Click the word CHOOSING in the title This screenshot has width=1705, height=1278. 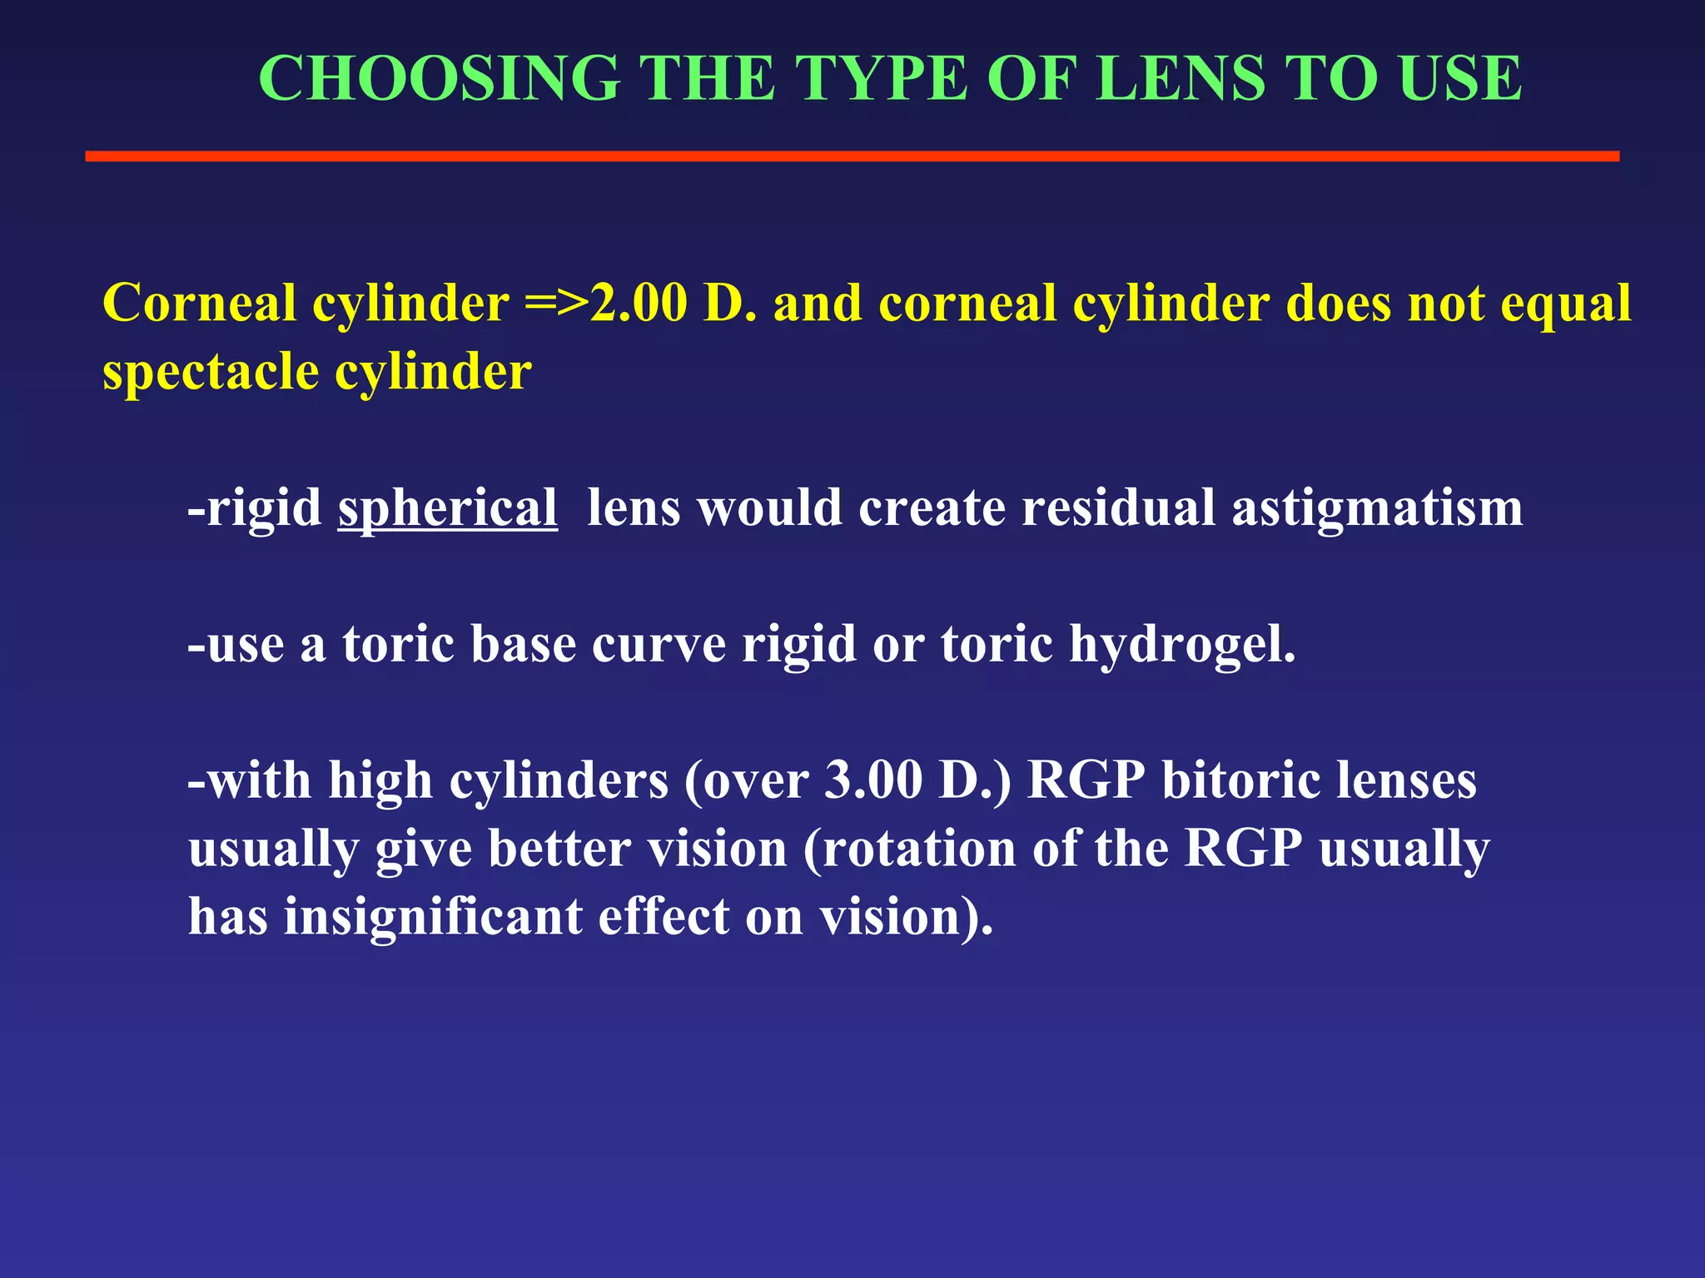(x=439, y=78)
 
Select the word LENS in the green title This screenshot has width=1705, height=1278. (x=1182, y=78)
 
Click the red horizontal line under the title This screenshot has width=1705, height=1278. (x=852, y=156)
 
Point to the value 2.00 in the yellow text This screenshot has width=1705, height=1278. (x=639, y=303)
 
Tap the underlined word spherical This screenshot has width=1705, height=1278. (x=447, y=508)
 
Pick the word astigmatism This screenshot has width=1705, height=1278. (x=1377, y=508)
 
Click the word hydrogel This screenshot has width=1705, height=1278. (x=1181, y=645)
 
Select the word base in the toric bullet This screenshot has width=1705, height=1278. (x=524, y=644)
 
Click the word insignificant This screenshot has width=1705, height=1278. (x=433, y=917)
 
